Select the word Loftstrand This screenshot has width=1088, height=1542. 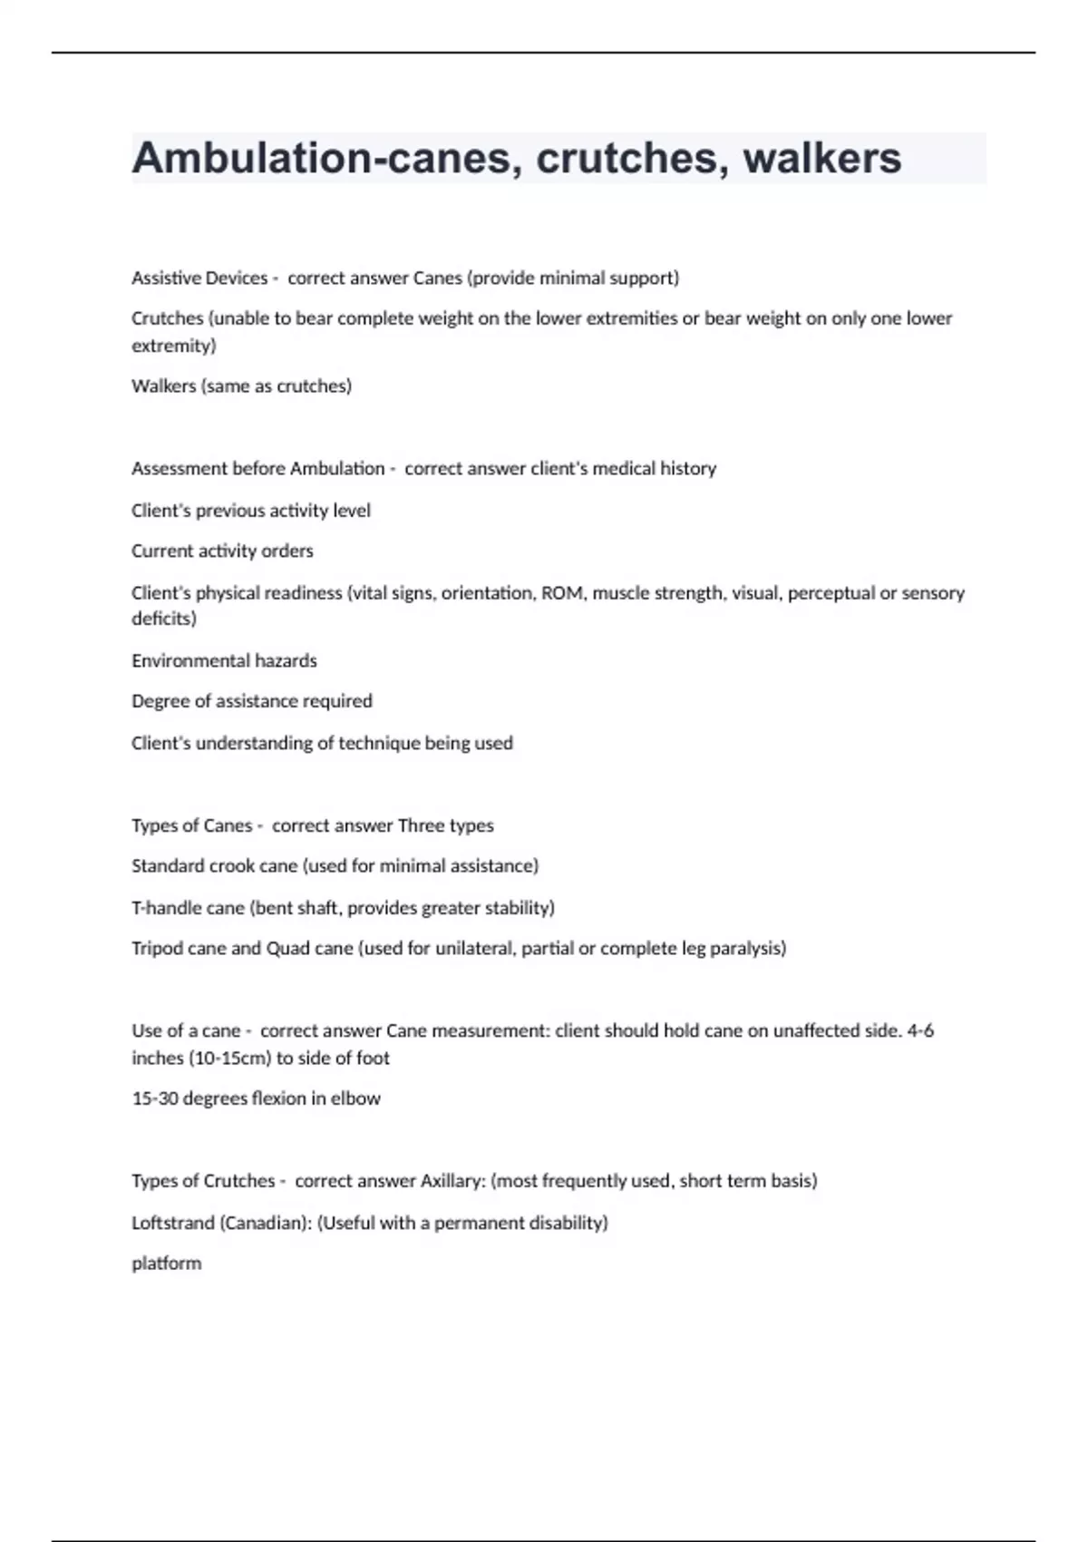coord(172,1223)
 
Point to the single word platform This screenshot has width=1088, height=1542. coord(166,1264)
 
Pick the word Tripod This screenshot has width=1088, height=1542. coord(157,949)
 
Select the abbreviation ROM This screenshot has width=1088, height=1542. coord(562,593)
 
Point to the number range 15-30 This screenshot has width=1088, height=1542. coord(155,1098)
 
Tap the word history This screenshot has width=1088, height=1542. coord(687,469)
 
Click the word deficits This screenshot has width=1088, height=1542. coord(164,619)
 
